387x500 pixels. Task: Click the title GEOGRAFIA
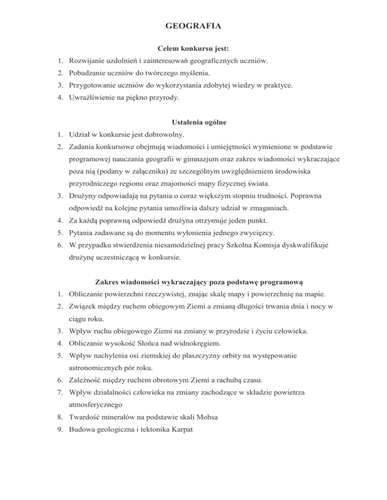coord(193,25)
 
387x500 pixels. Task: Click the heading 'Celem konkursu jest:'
coord(193,49)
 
